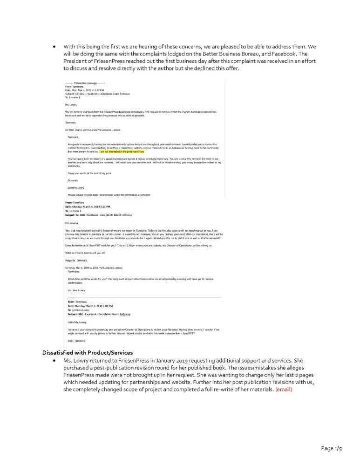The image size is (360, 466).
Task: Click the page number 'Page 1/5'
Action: [332, 448]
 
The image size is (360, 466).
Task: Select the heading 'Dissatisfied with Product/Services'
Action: [88, 352]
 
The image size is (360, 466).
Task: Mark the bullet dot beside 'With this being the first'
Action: [54, 47]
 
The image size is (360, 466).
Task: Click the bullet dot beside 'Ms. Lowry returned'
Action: [54, 360]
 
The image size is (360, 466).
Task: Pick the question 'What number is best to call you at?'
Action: [86, 253]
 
